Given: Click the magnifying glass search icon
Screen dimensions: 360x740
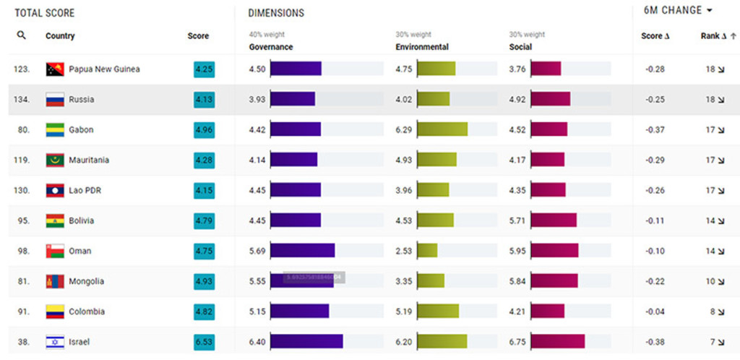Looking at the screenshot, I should (22, 35).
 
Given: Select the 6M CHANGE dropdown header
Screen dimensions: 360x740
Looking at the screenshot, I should (678, 11).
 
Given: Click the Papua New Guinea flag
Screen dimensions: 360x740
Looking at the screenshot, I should (55, 69).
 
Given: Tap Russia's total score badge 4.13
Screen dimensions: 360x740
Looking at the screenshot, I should (204, 100).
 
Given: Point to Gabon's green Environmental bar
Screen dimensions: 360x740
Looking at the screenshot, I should (442, 129).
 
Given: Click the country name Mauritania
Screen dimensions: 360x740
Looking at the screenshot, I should (89, 160).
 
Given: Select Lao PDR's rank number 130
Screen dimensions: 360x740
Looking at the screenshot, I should (22, 191).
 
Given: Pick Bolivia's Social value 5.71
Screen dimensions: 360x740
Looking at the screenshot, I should (517, 221).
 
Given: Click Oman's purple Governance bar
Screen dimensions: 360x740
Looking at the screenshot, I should (302, 251).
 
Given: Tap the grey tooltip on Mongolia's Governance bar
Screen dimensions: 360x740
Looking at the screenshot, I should (314, 278).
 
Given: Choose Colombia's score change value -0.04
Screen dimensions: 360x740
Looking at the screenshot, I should (655, 312).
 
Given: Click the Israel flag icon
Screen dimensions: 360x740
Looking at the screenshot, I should (55, 342).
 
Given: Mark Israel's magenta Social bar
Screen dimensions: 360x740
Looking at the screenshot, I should (557, 342).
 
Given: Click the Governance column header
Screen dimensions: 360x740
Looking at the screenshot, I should (271, 47).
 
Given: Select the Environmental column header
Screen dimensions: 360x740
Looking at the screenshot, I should (422, 47).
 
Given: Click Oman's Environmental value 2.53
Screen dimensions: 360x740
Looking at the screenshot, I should (404, 252).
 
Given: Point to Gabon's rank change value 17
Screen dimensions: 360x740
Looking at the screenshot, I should (710, 130).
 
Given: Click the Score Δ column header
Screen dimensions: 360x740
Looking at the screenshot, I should (656, 36).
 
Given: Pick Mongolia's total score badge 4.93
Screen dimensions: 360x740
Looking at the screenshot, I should (204, 282).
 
